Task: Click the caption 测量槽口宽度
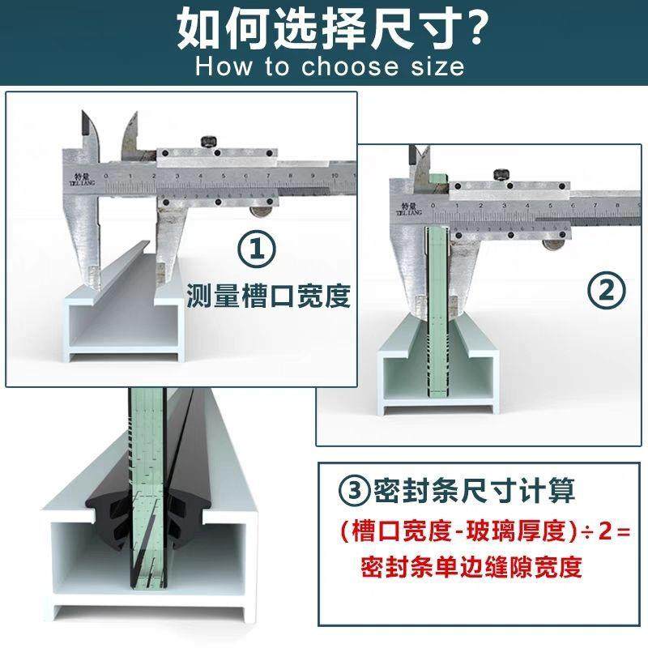268,296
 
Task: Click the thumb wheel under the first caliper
261,211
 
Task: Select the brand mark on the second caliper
403,203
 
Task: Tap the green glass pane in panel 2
437,324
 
